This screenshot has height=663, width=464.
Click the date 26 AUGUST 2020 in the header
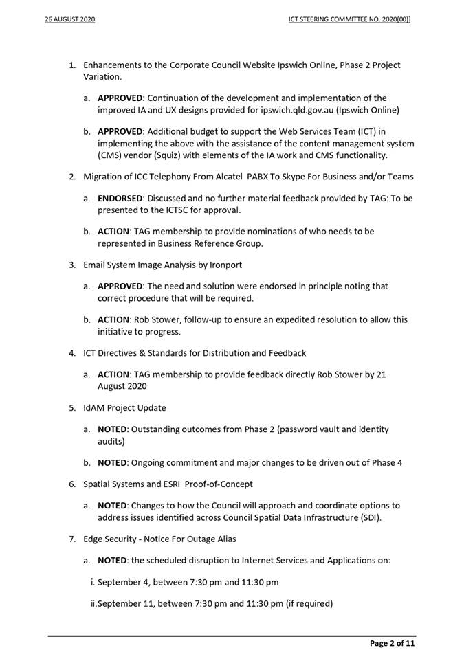point(65,20)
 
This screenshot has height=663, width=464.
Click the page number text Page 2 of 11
point(393,644)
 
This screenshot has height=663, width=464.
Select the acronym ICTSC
point(166,210)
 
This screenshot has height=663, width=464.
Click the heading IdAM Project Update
point(124,408)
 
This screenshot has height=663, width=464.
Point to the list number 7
point(72,539)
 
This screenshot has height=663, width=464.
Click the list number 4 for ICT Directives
point(72,353)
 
